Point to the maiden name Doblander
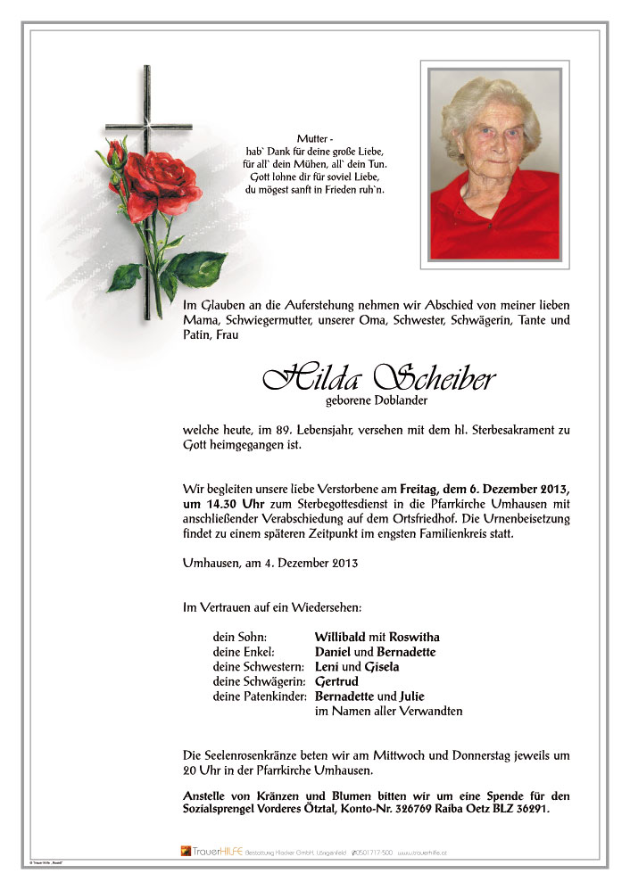[395, 400]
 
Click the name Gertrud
[337, 681]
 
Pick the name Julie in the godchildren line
[412, 696]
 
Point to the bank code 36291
[527, 810]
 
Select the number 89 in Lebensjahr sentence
[276, 431]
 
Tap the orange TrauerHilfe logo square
[186, 852]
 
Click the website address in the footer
[422, 853]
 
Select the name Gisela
[379, 667]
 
